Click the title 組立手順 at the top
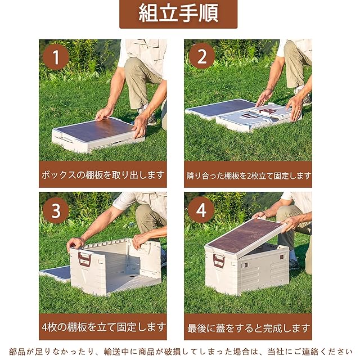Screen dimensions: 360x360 point(178,13)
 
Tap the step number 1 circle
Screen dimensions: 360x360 point(56,57)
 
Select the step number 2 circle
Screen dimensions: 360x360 point(202,56)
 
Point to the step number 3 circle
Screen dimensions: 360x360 point(56,210)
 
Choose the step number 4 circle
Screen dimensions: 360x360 point(201,210)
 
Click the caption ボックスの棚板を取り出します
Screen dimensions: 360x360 point(102,175)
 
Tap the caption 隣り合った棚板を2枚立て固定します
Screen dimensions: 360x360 point(249,176)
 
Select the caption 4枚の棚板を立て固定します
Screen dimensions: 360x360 point(103,327)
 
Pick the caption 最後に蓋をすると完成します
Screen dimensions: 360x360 point(249,328)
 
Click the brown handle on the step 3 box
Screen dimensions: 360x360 point(84,259)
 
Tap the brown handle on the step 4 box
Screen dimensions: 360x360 point(219,261)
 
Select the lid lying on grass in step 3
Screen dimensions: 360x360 point(55,274)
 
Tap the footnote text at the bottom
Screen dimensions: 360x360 point(181,351)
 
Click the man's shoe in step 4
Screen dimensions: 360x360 point(294,264)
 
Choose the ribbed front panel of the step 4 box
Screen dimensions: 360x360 point(264,271)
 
